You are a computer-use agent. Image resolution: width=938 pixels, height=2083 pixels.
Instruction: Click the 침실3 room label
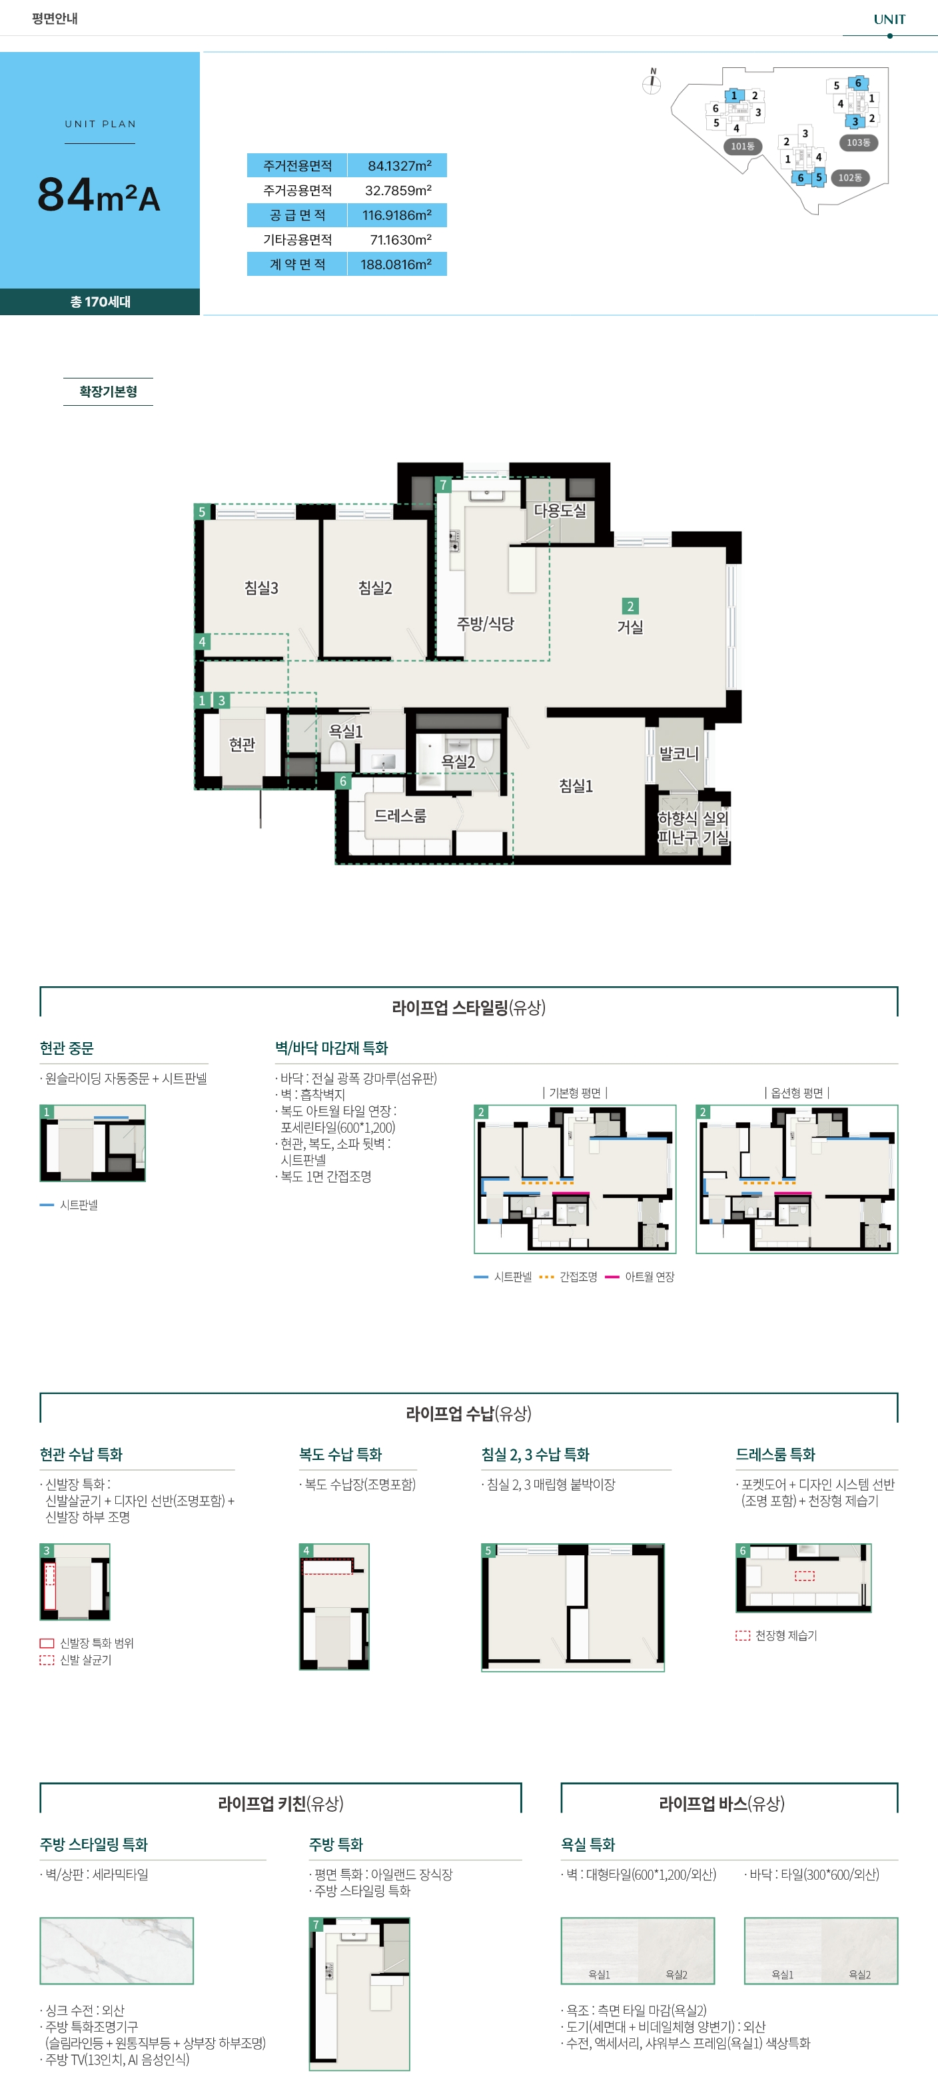261,588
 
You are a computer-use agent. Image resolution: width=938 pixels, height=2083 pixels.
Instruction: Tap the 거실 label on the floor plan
630,626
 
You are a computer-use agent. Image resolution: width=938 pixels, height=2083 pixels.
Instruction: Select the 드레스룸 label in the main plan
400,816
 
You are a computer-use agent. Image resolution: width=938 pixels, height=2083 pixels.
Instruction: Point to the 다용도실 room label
560,511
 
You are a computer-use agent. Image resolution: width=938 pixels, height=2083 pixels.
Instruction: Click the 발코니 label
678,754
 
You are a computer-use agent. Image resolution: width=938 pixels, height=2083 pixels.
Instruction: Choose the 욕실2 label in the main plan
458,762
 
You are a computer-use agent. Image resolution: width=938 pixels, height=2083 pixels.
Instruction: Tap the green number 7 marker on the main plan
443,485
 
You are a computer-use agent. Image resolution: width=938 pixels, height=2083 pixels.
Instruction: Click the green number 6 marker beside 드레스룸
343,781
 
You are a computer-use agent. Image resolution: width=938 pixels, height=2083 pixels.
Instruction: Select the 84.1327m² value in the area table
400,166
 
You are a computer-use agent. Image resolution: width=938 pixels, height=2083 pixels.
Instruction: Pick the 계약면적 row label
298,265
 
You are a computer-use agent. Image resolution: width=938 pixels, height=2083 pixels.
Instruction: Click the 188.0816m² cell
396,265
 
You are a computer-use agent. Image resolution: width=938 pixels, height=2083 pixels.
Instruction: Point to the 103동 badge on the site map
858,143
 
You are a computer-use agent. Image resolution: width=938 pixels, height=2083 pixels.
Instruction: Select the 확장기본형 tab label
109,391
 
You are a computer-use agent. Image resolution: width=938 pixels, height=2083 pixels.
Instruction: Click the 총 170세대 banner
101,302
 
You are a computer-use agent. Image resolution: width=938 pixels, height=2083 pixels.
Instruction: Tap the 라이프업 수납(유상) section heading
469,1413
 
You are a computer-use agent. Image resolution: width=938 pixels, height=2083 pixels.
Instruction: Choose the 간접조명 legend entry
568,1277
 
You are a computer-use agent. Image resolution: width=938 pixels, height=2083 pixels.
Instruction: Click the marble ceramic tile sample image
117,1950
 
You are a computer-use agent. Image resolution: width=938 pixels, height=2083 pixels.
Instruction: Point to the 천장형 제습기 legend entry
776,1635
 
